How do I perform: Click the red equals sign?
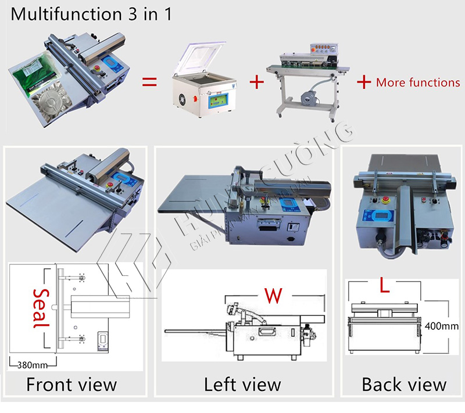[149, 82]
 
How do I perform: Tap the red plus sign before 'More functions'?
[364, 82]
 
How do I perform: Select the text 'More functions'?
[418, 82]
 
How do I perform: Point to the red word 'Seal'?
[40, 308]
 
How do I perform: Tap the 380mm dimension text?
[33, 366]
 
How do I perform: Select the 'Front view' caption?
[71, 384]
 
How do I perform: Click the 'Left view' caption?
[242, 384]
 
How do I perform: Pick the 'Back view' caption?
[404, 384]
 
